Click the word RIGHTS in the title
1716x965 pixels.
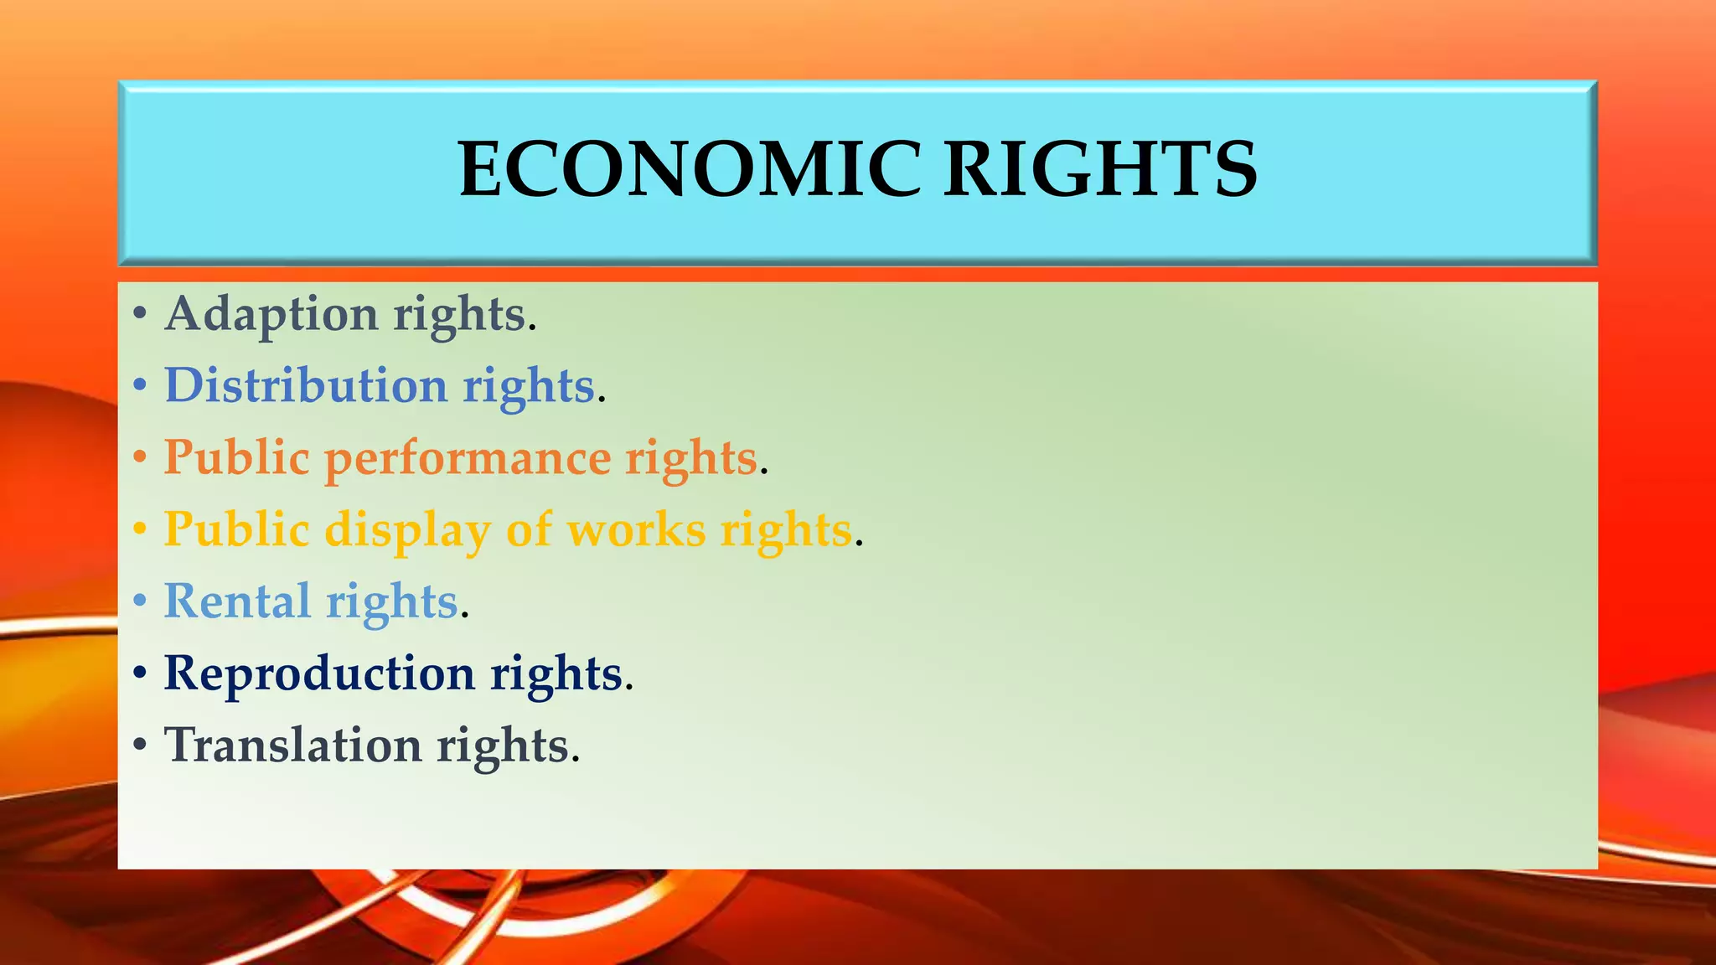[x=1100, y=169]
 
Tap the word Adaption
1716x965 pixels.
[x=271, y=315]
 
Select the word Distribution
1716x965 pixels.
[x=306, y=386]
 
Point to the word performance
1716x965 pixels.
[x=468, y=459]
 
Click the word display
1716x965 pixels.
[x=407, y=531]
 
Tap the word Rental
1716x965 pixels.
[x=237, y=601]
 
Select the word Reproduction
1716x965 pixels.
[x=319, y=673]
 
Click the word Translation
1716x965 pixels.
[x=292, y=746]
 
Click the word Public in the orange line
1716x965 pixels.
[x=236, y=458]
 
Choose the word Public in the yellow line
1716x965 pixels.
[x=236, y=530]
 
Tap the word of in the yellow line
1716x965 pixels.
[x=529, y=530]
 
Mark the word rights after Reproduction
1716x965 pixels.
[x=556, y=674]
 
